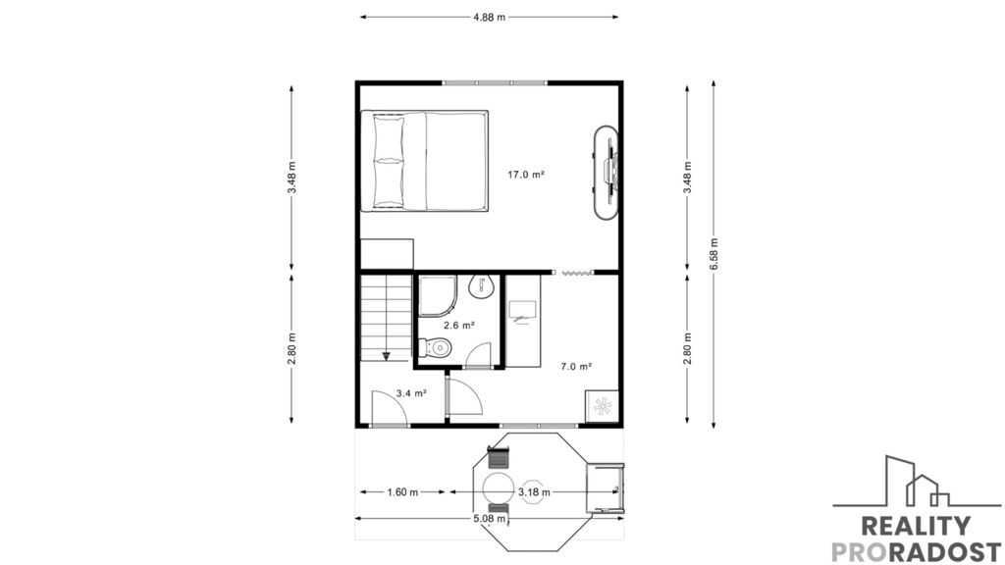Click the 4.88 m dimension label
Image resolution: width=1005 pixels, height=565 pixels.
489,18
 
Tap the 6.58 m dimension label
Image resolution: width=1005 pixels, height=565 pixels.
714,253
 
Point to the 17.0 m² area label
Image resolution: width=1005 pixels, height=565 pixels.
526,175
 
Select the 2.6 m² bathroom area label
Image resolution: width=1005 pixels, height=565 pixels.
459,326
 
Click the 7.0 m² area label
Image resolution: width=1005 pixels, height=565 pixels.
575,367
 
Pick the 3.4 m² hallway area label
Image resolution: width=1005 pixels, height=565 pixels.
411,393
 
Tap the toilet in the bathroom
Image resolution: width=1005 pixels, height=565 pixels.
435,348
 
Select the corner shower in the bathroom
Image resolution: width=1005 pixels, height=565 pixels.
438,296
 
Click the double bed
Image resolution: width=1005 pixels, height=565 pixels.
424,161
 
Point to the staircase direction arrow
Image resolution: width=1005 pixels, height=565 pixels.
387,355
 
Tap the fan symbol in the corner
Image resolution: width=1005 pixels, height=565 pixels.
602,405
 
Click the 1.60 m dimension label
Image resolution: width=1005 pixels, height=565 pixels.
402,492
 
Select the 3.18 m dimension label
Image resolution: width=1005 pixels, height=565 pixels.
534,492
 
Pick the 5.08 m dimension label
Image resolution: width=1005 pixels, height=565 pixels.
490,518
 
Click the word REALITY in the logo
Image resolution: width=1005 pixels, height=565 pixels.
916,526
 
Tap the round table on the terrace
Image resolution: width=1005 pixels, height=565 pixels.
498,488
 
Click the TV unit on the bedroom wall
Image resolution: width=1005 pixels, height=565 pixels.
607,173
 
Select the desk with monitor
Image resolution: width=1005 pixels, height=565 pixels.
523,321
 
